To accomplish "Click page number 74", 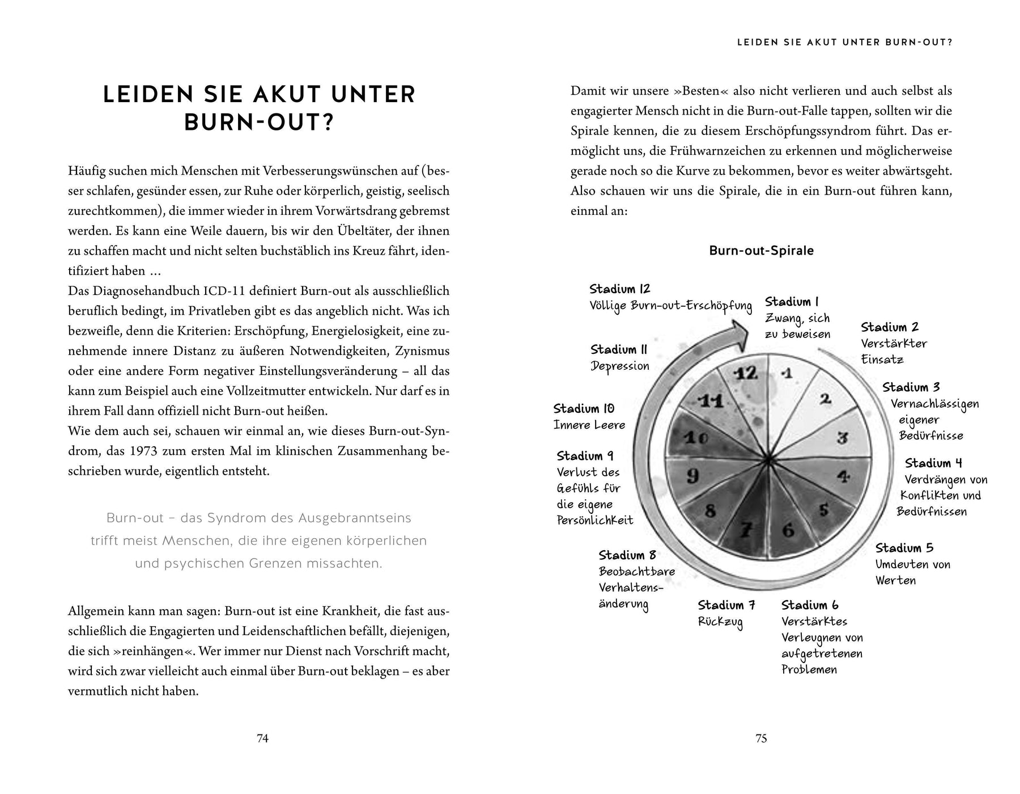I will (262, 738).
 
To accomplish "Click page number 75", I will (761, 738).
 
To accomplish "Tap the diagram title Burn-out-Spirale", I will (761, 251).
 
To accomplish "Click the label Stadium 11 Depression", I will (619, 358).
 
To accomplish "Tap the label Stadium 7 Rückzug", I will (726, 613).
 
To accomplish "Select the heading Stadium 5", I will (904, 548).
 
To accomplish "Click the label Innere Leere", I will (589, 425).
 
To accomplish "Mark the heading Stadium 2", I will (890, 327).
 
